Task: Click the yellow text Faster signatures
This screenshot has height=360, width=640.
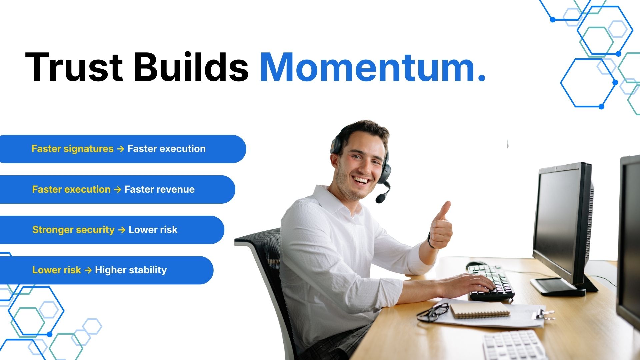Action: [x=72, y=149]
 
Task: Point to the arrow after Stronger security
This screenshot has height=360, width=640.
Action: [x=122, y=230]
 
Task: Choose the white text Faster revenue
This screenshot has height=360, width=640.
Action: [x=159, y=189]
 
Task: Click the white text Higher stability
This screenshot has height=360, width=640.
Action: [x=131, y=270]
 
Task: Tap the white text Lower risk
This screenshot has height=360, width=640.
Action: [x=153, y=230]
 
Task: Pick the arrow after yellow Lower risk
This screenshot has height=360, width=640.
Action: [x=88, y=270]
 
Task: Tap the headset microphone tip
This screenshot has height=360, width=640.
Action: [x=380, y=199]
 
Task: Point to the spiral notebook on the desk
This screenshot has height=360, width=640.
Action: [x=480, y=310]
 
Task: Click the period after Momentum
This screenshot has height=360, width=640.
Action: [x=481, y=78]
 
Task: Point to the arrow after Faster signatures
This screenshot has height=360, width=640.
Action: [x=120, y=149]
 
